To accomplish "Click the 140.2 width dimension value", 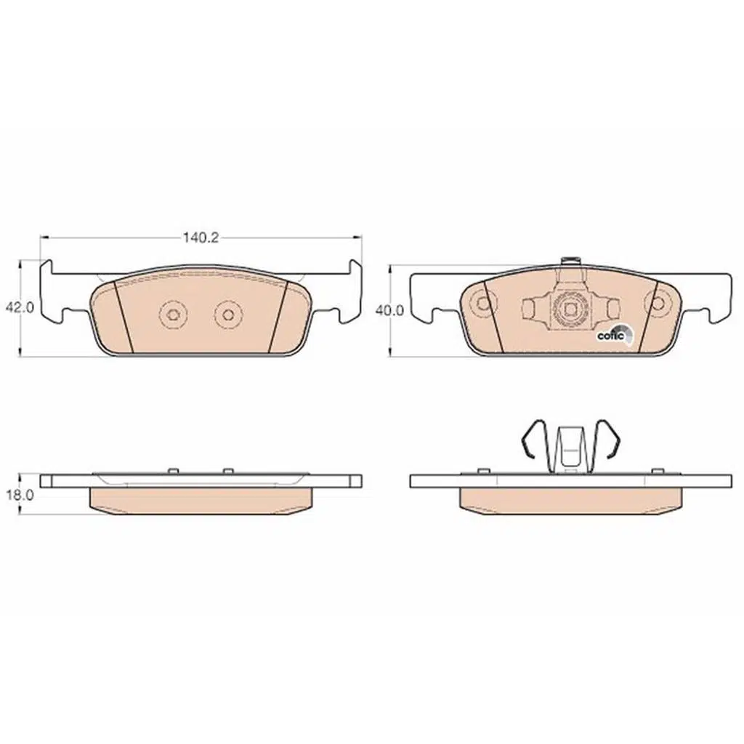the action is pyautogui.click(x=201, y=238).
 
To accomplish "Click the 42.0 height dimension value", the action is pyautogui.click(x=20, y=307).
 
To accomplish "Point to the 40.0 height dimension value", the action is pyautogui.click(x=389, y=310).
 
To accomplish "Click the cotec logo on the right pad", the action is pyautogui.click(x=614, y=334).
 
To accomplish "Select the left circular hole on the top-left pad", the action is pyautogui.click(x=173, y=314).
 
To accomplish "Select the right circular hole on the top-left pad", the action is pyautogui.click(x=228, y=314).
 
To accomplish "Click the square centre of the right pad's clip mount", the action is pyautogui.click(x=570, y=310).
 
